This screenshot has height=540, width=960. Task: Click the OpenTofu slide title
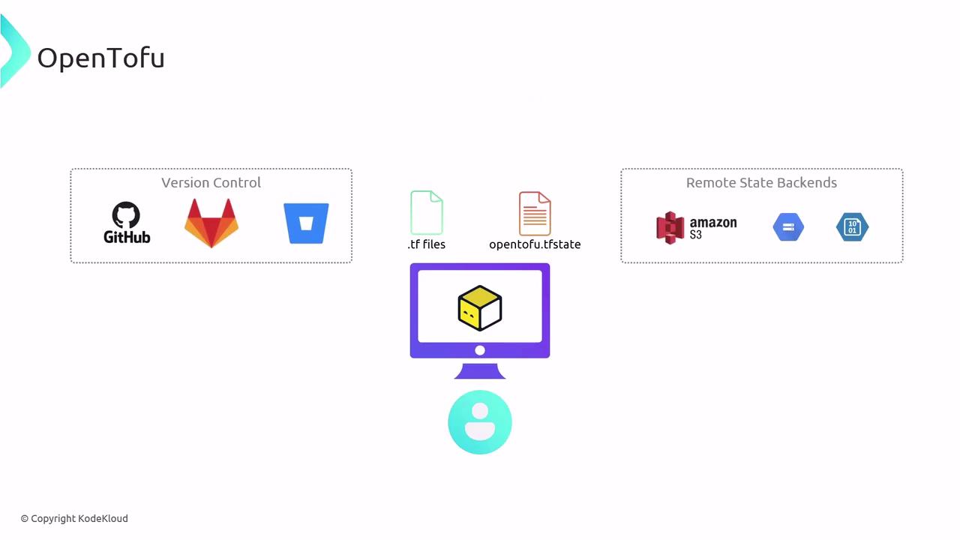click(101, 58)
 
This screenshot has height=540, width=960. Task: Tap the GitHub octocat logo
click(127, 223)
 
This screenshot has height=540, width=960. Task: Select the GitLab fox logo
click(211, 223)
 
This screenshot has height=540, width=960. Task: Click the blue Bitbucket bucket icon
click(306, 223)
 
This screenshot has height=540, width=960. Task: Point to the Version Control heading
click(211, 182)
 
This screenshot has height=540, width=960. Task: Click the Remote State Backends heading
click(761, 182)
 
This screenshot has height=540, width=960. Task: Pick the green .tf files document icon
click(427, 212)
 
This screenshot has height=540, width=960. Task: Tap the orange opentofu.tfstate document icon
click(535, 214)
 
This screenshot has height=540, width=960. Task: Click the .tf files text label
click(427, 244)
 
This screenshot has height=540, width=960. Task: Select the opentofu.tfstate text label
click(535, 244)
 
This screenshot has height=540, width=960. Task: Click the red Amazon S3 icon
click(670, 227)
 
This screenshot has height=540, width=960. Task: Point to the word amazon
click(713, 223)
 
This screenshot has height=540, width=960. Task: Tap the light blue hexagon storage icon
click(788, 226)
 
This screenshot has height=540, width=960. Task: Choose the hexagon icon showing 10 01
click(852, 226)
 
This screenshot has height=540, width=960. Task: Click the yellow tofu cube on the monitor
click(479, 307)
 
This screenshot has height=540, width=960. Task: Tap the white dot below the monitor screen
click(480, 350)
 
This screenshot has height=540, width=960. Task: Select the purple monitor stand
click(480, 371)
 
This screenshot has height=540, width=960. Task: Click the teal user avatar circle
click(480, 422)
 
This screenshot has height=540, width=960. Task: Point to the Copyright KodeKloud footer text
click(74, 518)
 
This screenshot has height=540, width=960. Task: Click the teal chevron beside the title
click(15, 52)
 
